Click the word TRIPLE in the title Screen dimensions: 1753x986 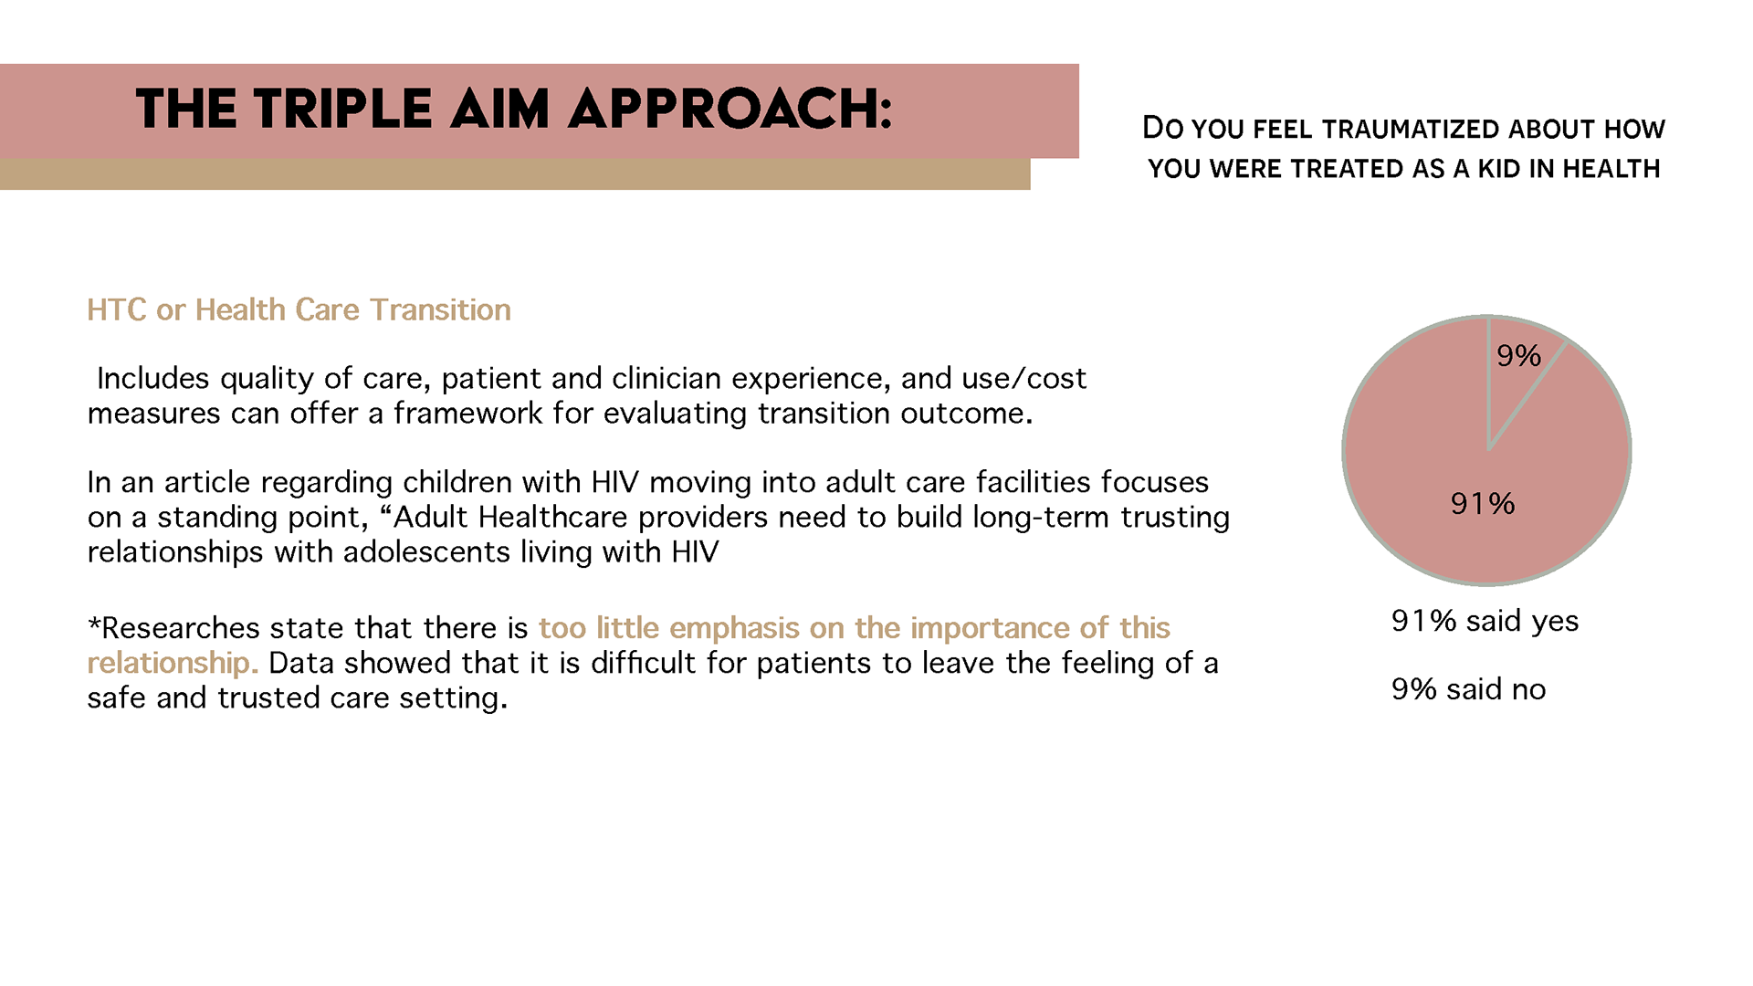[342, 110]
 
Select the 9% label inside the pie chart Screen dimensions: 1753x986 [1518, 356]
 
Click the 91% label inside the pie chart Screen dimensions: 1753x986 [1483, 503]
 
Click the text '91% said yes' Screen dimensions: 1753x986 [1485, 621]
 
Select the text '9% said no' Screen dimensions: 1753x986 [1468, 689]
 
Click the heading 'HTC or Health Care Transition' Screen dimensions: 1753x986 [299, 310]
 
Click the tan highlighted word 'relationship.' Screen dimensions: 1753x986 [173, 664]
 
